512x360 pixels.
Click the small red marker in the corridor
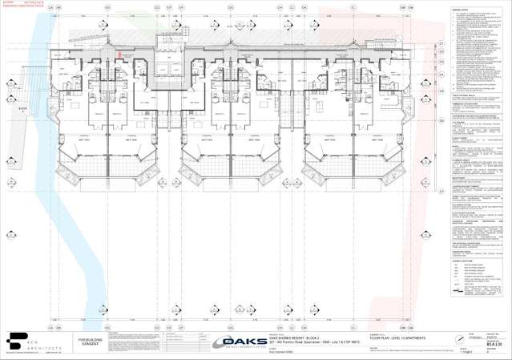click(x=120, y=55)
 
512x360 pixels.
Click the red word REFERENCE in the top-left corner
click(x=34, y=3)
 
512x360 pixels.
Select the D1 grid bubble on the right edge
click(x=441, y=43)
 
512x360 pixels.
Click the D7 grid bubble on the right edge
click(x=441, y=192)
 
